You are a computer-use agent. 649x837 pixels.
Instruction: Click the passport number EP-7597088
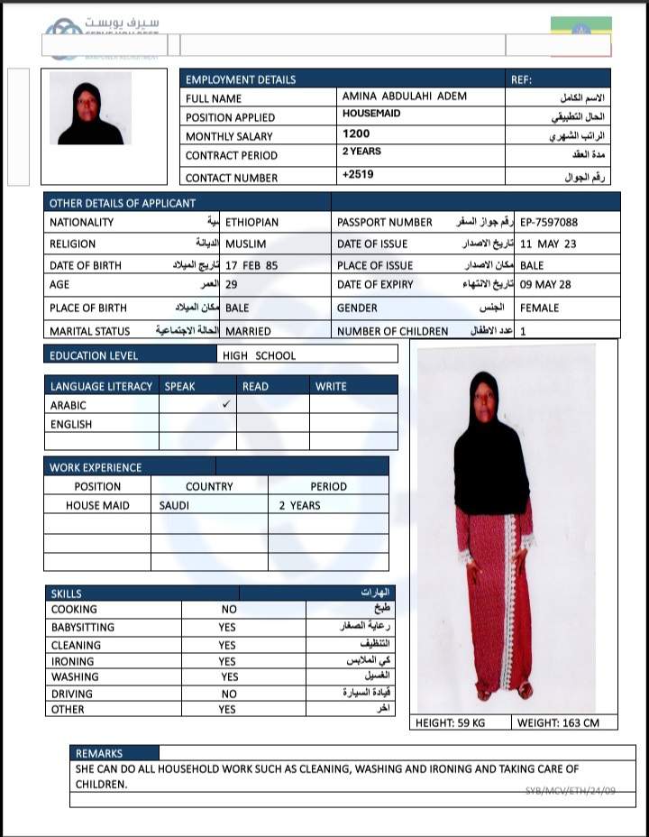[549, 222]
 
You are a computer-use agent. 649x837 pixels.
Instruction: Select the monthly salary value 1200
[356, 134]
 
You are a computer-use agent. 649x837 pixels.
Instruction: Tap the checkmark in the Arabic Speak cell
[227, 405]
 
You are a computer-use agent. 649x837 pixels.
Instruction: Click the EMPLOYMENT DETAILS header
[241, 79]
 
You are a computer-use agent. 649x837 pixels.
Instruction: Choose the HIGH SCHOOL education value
[259, 355]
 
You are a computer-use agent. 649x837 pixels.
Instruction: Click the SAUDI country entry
[174, 505]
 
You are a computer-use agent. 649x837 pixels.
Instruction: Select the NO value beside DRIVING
[229, 694]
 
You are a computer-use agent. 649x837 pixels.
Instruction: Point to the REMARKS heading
[99, 753]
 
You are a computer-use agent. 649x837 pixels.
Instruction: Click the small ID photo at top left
[90, 108]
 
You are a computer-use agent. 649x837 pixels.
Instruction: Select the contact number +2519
[358, 173]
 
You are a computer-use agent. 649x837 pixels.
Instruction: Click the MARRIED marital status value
[248, 331]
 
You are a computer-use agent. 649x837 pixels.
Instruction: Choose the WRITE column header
[331, 386]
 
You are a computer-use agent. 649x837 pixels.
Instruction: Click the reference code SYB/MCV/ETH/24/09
[571, 791]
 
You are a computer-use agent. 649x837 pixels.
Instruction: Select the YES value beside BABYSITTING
[227, 627]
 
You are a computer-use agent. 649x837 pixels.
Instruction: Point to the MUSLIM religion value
[246, 244]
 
